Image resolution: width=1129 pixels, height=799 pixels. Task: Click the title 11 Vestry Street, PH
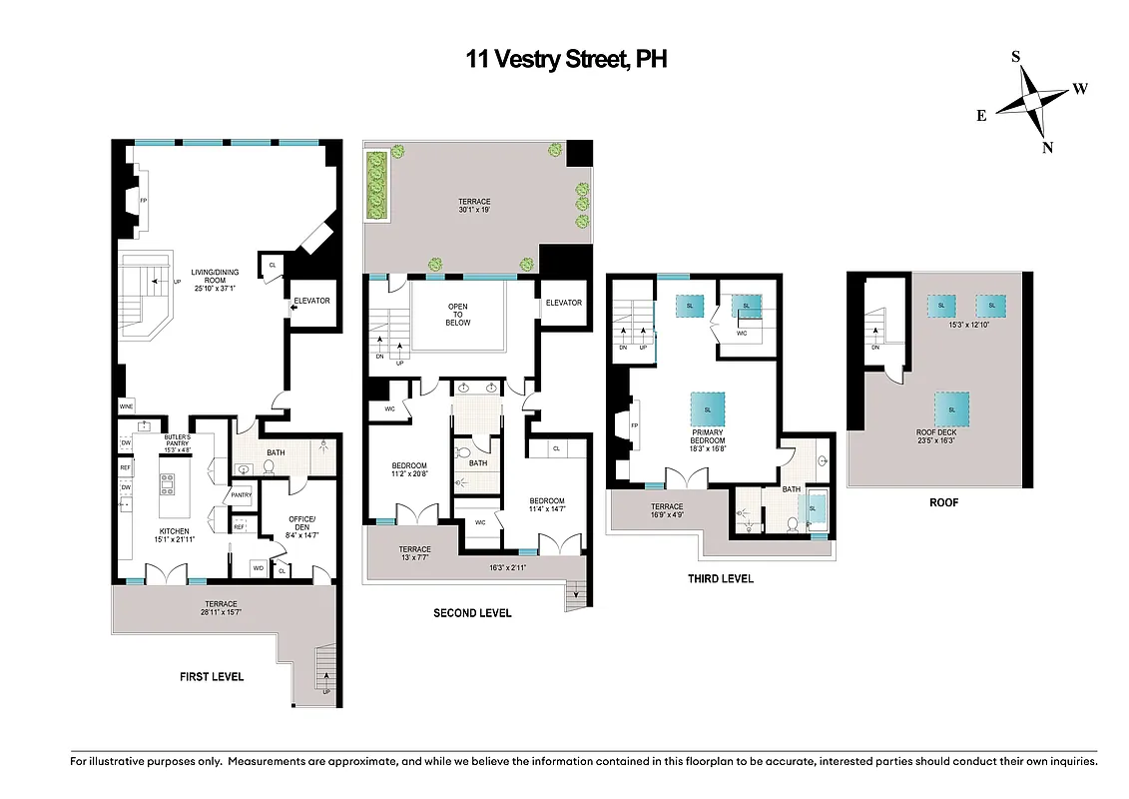(566, 59)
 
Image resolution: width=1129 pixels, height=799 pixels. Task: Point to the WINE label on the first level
(126, 406)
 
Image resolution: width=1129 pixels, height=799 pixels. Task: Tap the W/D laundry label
(259, 568)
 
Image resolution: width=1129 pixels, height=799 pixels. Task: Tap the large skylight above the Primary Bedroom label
(707, 410)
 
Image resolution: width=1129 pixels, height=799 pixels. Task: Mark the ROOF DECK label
(950, 432)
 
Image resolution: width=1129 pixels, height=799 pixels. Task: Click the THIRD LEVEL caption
(720, 578)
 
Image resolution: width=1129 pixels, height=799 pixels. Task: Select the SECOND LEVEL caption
(472, 612)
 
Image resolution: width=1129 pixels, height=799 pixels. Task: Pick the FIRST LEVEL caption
(212, 676)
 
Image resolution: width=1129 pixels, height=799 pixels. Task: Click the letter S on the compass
(1016, 57)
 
